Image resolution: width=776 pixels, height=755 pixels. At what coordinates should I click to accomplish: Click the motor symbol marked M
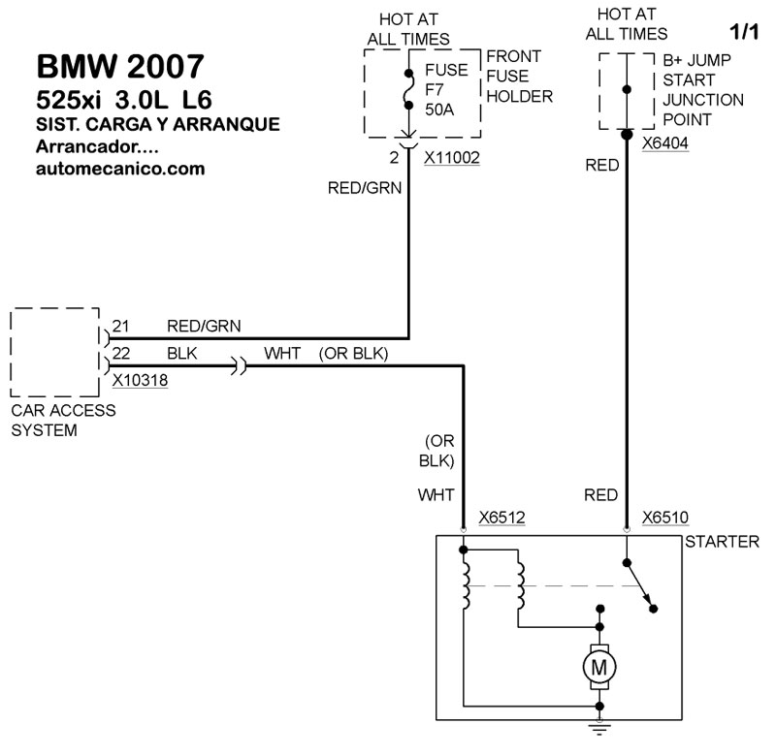coord(598,666)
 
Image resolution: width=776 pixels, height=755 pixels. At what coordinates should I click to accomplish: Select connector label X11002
coord(452,156)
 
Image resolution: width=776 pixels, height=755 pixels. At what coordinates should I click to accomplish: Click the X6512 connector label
coord(501,518)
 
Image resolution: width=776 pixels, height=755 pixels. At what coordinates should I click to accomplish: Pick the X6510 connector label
coord(665,518)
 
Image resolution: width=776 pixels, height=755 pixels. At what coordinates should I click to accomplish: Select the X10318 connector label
coord(140,381)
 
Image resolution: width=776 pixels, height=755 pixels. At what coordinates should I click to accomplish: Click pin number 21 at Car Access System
coord(120,326)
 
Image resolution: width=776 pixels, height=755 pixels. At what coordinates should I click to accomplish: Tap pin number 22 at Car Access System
coord(120,354)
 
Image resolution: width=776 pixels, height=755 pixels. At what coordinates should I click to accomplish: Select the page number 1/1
coord(744,32)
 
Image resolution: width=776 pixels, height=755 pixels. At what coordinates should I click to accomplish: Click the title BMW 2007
coord(120,66)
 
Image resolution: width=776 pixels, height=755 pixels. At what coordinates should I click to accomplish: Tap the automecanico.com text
coord(119,168)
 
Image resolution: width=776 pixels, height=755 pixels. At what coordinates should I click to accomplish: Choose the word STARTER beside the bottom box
coord(722,542)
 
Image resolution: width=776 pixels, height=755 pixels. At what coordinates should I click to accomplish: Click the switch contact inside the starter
coord(640,586)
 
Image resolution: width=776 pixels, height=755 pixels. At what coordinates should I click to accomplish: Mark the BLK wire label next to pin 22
coord(182,354)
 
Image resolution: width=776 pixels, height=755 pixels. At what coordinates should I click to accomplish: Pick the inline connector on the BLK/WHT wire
coord(239,366)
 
